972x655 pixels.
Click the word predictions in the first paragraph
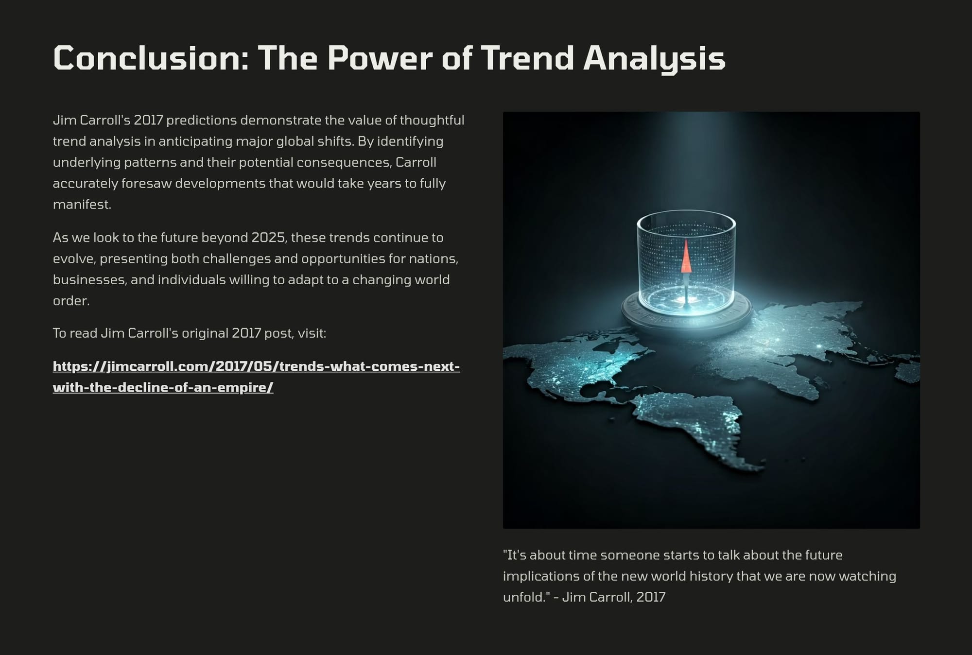point(202,120)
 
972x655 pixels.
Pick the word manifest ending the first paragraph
point(82,204)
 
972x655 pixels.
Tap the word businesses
point(90,280)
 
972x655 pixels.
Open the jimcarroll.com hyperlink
point(256,377)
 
